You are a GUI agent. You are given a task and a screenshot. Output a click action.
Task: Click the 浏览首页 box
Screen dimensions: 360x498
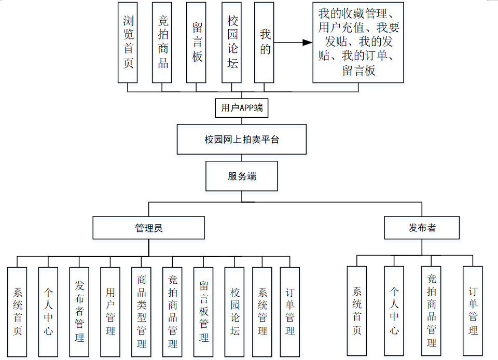point(128,42)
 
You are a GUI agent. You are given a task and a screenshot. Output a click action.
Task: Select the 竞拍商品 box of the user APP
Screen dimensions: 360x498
point(162,42)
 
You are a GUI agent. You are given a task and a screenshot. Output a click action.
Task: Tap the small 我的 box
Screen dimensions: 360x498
point(265,42)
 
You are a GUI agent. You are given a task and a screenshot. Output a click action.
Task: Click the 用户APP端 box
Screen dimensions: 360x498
point(242,108)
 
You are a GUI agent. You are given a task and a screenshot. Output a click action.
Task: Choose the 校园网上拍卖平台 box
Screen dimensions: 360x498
point(242,139)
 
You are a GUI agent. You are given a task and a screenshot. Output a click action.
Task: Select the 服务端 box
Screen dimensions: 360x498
point(242,176)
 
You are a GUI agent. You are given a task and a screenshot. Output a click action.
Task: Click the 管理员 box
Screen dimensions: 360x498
point(149,228)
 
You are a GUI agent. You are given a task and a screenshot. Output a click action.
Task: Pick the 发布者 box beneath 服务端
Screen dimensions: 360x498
point(422,228)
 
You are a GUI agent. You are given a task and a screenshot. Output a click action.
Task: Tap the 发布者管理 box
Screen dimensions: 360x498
point(79,311)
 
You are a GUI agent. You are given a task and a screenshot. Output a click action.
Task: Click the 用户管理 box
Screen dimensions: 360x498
point(110,311)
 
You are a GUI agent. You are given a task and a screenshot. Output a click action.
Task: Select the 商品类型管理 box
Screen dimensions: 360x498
point(142,311)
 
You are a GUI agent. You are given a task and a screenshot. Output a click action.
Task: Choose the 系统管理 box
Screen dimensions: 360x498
point(262,311)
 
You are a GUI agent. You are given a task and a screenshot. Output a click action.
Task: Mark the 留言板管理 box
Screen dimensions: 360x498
point(204,311)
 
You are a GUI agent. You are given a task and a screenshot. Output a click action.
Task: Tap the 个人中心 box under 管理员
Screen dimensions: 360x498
point(48,311)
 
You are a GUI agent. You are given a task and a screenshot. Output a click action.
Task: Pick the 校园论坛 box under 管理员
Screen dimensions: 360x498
point(235,311)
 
